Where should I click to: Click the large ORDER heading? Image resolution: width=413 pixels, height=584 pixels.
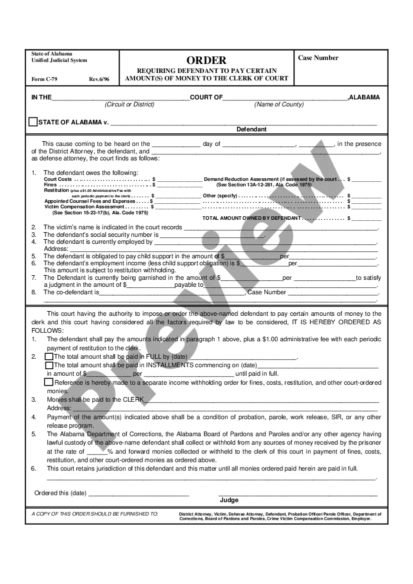pyautogui.click(x=206, y=60)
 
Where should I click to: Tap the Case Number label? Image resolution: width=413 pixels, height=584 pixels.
pyautogui.click(x=318, y=58)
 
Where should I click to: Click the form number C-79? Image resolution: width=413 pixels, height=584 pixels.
pyautogui.click(x=41, y=79)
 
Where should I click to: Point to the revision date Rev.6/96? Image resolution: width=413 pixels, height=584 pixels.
pyautogui.click(x=99, y=79)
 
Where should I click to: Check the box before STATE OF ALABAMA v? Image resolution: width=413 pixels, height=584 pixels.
pyautogui.click(x=33, y=122)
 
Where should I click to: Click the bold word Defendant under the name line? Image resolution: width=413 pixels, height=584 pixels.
pyautogui.click(x=251, y=129)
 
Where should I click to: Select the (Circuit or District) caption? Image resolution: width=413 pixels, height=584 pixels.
pyautogui.click(x=129, y=104)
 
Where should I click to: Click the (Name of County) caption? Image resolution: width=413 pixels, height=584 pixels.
pyautogui.click(x=278, y=104)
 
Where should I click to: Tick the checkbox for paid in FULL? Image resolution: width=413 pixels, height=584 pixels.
pyautogui.click(x=49, y=357)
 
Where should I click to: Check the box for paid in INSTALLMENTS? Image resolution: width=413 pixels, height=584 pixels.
pyautogui.click(x=49, y=365)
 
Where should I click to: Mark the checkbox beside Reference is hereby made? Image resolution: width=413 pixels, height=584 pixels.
pyautogui.click(x=49, y=382)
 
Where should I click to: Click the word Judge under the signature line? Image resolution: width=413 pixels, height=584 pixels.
pyautogui.click(x=229, y=500)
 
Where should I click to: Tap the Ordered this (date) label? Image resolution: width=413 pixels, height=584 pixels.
pyautogui.click(x=60, y=493)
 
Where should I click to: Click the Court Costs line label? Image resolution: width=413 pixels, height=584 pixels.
pyautogui.click(x=58, y=179)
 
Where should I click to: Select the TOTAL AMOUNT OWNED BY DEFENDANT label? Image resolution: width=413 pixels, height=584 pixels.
pyautogui.click(x=251, y=218)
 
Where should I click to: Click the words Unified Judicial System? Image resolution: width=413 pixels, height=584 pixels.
pyautogui.click(x=59, y=60)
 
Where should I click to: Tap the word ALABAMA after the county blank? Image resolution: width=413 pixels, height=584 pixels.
pyautogui.click(x=364, y=97)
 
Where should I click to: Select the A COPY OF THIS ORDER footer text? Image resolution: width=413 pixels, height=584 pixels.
pyautogui.click(x=94, y=514)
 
